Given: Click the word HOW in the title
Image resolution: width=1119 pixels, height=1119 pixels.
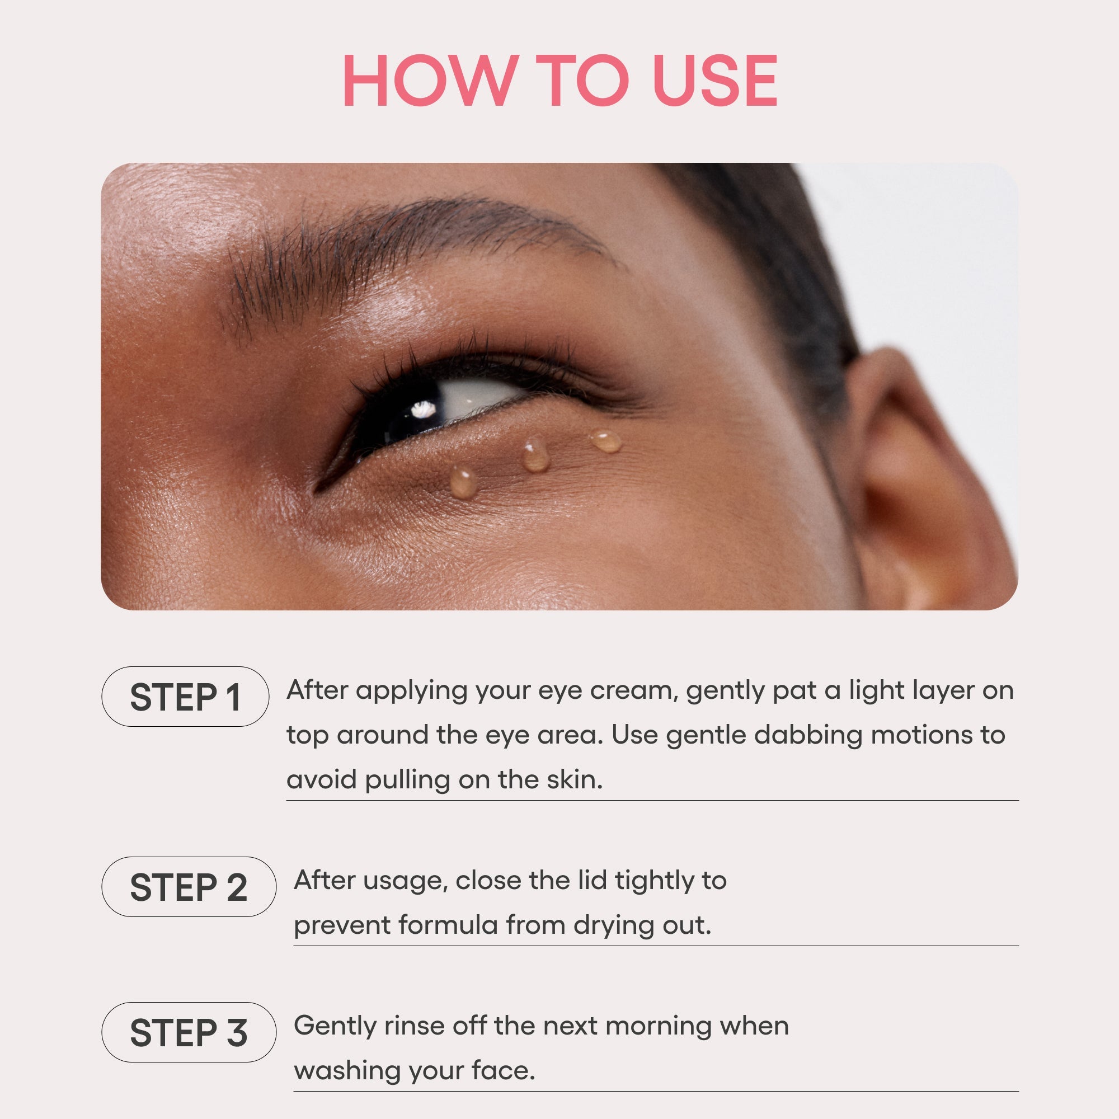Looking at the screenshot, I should pos(430,81).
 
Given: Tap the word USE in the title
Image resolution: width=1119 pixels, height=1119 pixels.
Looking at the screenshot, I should pos(714,81).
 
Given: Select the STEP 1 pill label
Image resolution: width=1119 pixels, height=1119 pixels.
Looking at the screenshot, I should pos(185,697).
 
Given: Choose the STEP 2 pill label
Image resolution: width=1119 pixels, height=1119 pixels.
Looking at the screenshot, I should pos(189,887).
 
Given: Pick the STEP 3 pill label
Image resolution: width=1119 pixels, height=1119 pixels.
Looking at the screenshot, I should pos(189,1032).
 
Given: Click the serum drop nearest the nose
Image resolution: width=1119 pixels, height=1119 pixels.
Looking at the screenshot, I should pos(463,482).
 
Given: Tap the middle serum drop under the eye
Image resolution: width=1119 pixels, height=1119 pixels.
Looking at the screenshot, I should pos(536,456).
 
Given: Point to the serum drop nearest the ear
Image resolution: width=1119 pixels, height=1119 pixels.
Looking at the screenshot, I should pos(606,441).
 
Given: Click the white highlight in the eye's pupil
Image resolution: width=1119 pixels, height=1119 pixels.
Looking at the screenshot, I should pos(424,409).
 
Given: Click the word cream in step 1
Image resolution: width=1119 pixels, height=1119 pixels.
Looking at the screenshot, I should pos(633,690).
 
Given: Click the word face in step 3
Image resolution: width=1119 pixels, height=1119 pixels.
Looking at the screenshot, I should pos(502,1070).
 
